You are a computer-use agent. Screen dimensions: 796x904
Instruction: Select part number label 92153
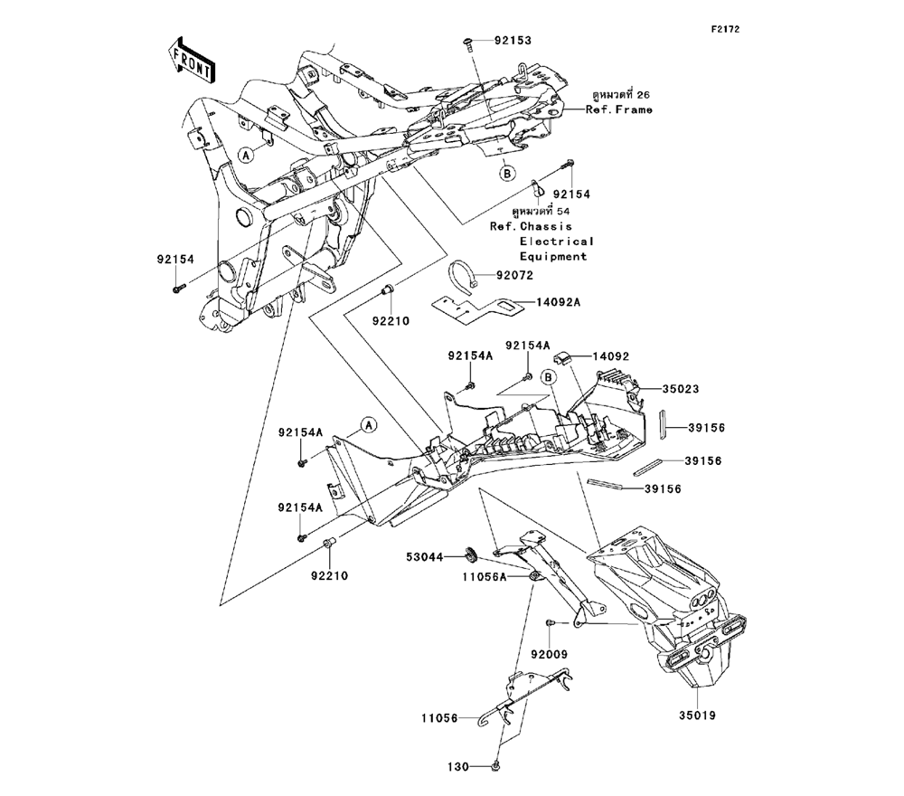point(512,41)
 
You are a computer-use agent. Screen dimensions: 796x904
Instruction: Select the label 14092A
point(557,305)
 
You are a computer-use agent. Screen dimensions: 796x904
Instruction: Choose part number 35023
point(685,389)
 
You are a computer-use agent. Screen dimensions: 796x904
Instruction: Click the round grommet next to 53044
point(471,554)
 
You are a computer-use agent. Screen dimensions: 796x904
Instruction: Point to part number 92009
point(550,653)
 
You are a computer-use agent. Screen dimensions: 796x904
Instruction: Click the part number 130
point(459,766)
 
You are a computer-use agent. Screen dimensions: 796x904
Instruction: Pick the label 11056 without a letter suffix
point(443,718)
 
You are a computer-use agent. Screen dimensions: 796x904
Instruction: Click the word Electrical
point(557,242)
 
